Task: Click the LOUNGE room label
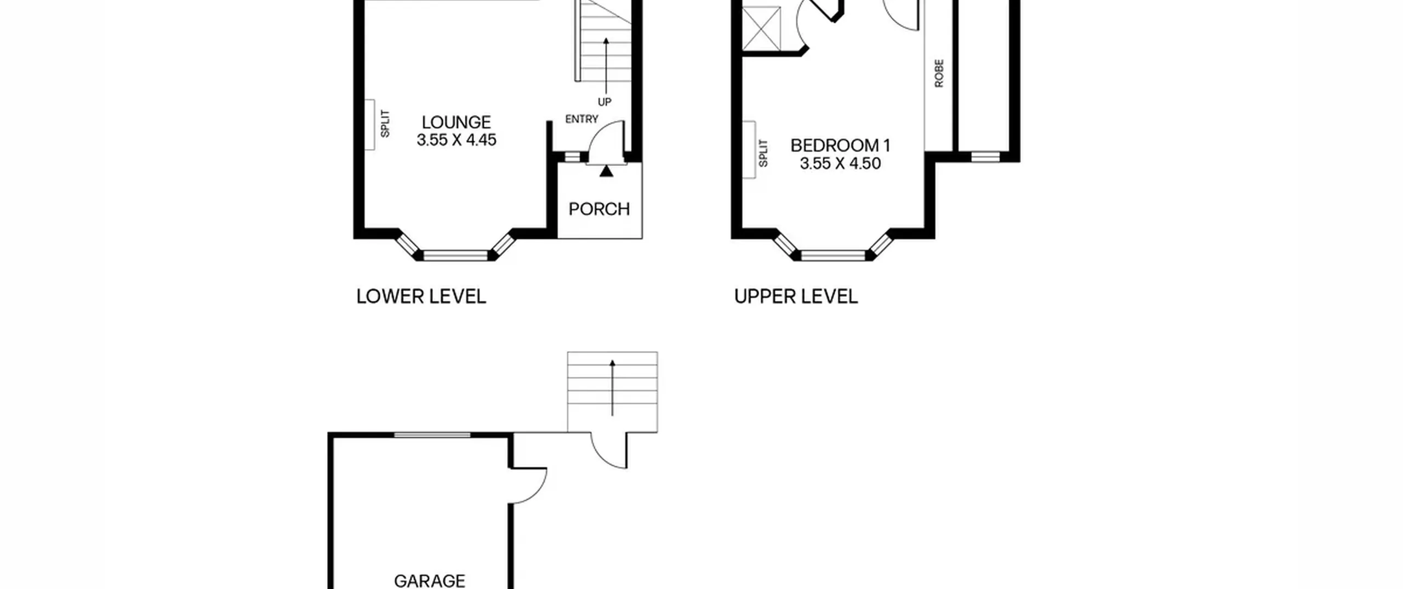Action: pyautogui.click(x=456, y=122)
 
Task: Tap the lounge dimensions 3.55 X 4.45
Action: pyautogui.click(x=456, y=140)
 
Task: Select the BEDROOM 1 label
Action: pyautogui.click(x=840, y=145)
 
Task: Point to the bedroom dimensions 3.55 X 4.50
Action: pyautogui.click(x=840, y=163)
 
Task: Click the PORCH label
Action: pyautogui.click(x=599, y=209)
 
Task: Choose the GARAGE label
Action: pyautogui.click(x=430, y=580)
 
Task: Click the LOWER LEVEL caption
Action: pyautogui.click(x=421, y=296)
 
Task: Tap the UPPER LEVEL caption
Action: pyautogui.click(x=796, y=296)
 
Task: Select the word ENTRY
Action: pyautogui.click(x=581, y=119)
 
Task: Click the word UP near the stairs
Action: pyautogui.click(x=604, y=102)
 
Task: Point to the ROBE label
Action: pyautogui.click(x=939, y=73)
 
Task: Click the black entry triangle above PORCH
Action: pyautogui.click(x=606, y=171)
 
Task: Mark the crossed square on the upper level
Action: pyautogui.click(x=761, y=28)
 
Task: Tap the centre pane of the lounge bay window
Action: pyautogui.click(x=455, y=255)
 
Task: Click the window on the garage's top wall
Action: pyautogui.click(x=432, y=435)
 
